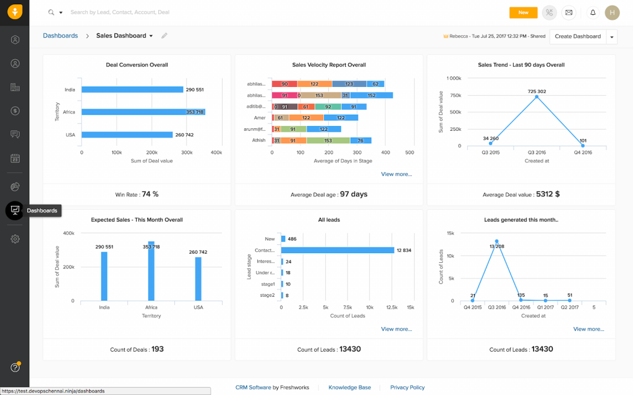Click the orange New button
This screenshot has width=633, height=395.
(523, 12)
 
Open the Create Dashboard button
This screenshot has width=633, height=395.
(577, 36)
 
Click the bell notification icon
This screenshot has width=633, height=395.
(592, 12)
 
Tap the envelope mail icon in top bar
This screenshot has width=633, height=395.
(569, 12)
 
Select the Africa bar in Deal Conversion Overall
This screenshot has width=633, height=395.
(143, 112)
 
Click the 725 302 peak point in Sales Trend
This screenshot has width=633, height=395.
(537, 97)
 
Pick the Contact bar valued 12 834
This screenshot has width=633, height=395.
(338, 250)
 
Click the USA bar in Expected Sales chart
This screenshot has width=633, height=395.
(198, 278)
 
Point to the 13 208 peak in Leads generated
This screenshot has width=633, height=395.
(496, 241)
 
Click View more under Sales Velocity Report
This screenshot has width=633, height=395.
(396, 174)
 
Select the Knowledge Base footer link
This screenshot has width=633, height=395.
(350, 388)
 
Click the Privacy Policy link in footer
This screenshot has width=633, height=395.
(407, 388)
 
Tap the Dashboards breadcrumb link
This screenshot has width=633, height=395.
(61, 36)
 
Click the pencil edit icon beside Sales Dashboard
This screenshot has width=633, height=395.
(164, 36)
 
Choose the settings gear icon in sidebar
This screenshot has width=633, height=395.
(15, 239)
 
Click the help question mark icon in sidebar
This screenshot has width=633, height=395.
(15, 367)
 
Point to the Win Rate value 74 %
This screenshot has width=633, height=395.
(150, 194)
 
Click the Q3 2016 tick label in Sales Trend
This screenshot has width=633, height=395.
(537, 152)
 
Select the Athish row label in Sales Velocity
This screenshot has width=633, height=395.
(258, 140)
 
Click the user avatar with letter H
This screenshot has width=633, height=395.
(612, 12)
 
